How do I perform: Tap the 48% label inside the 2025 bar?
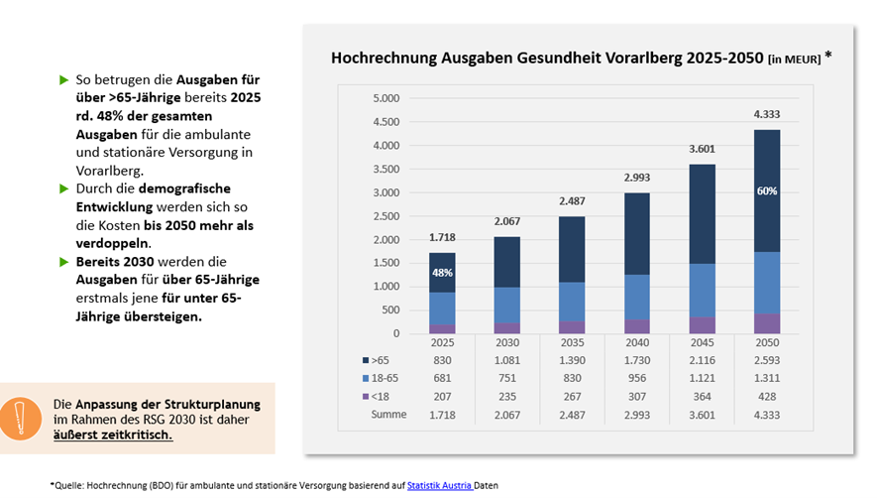[441, 273]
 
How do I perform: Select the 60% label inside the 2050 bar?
[766, 191]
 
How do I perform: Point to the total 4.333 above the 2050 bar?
[766, 114]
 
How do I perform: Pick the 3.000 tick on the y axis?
[385, 192]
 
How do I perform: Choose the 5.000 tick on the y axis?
[385, 98]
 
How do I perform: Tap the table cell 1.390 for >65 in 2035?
[572, 359]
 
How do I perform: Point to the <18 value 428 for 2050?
[766, 396]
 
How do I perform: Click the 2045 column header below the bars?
[702, 341]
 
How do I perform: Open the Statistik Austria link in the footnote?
[439, 484]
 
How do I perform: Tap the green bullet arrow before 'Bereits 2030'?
[64, 261]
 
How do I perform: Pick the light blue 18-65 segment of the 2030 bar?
[506, 305]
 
